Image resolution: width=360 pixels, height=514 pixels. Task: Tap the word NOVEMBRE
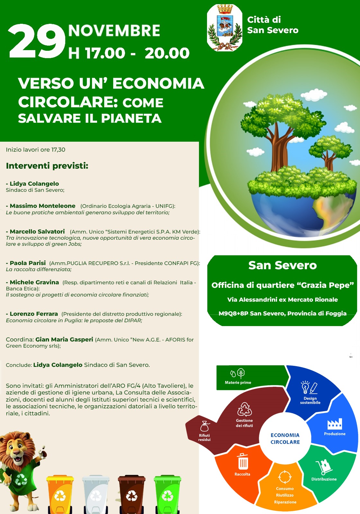click(114, 31)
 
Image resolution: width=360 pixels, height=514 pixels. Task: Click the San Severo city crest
click(225, 28)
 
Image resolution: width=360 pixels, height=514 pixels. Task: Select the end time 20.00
click(167, 53)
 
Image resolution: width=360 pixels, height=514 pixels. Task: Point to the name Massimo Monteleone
click(42, 206)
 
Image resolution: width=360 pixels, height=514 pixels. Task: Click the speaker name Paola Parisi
click(28, 263)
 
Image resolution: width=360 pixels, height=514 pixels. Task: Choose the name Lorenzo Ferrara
click(34, 314)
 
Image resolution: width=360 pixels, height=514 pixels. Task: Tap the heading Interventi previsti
click(47, 166)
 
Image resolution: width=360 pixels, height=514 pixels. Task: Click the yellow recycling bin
click(60, 494)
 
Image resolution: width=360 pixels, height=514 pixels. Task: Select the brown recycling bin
click(131, 494)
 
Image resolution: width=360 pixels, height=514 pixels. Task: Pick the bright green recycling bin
click(167, 494)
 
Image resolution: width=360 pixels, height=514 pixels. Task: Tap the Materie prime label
click(238, 383)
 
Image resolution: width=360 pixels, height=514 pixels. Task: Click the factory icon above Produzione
click(335, 424)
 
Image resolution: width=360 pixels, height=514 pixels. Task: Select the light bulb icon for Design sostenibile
click(305, 387)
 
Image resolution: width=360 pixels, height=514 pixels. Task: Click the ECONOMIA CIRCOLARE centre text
click(285, 439)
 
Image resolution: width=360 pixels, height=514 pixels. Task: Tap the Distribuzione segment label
click(324, 479)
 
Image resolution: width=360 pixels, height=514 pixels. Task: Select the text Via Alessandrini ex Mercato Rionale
click(283, 300)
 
